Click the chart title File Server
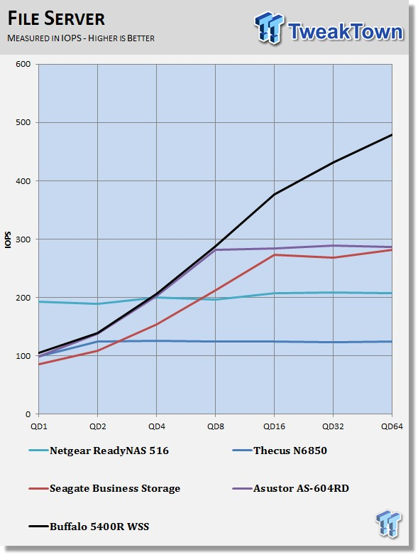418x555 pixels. click(x=56, y=18)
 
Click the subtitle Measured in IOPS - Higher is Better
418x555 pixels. click(x=81, y=38)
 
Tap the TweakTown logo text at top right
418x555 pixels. click(x=345, y=31)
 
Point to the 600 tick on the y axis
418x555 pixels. click(x=23, y=64)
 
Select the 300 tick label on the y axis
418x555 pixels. click(x=23, y=239)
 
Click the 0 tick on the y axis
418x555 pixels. click(x=28, y=414)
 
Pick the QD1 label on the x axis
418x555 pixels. click(x=39, y=426)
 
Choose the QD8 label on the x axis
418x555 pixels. click(x=216, y=426)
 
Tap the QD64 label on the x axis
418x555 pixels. click(x=392, y=426)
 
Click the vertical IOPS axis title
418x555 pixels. click(x=8, y=239)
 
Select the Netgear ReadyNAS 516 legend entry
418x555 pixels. click(x=99, y=451)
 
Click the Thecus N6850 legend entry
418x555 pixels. click(x=280, y=451)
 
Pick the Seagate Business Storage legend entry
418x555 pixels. click(x=104, y=488)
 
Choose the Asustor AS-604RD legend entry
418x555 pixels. click(x=290, y=488)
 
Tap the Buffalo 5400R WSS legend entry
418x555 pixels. click(x=89, y=527)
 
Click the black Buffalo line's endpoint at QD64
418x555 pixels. click(x=392, y=135)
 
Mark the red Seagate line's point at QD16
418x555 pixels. click(x=274, y=255)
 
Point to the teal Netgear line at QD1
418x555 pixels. click(x=39, y=301)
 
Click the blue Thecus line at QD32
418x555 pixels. click(x=333, y=343)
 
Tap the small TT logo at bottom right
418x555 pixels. click(x=388, y=523)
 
